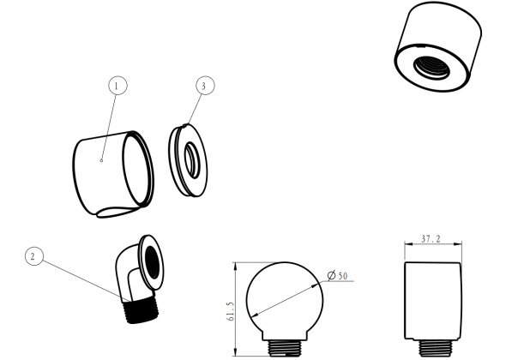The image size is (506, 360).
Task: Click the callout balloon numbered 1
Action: coord(117,86)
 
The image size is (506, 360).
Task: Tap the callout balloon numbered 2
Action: coord(34,256)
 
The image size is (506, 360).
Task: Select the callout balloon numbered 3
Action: coord(205,86)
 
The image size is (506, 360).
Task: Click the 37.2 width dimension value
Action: coord(431,239)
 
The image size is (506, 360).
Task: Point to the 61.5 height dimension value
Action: coord(231,311)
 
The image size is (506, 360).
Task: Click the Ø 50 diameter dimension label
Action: coord(337,276)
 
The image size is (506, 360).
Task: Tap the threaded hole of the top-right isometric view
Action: coord(431,67)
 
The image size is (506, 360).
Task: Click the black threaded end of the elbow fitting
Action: coord(141,310)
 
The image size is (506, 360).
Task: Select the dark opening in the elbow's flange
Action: coord(152,262)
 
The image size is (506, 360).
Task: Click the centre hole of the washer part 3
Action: coord(192,159)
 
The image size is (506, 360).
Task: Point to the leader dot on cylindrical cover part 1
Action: coord(101,160)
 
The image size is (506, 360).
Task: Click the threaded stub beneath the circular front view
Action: coord(285,348)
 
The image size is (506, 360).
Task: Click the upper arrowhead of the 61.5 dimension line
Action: coord(236,266)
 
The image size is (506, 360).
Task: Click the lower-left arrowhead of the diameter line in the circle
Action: coord(254,315)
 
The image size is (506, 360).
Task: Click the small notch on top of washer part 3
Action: coord(185,125)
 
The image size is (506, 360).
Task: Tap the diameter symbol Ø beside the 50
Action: coord(331,276)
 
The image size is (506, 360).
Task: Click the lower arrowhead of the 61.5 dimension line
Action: coord(236,352)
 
